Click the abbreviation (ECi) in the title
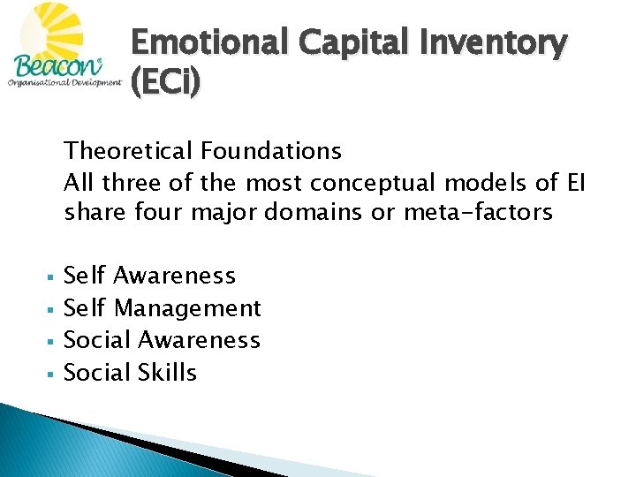click(x=166, y=81)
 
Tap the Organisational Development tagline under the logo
click(x=64, y=83)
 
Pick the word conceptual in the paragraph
click(x=369, y=183)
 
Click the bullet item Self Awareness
click(x=150, y=276)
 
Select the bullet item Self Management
click(x=163, y=307)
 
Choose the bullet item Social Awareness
click(x=163, y=340)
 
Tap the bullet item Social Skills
click(x=131, y=372)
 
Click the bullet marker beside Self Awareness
click(x=55, y=277)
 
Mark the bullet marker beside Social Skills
click(x=55, y=374)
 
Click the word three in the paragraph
click(x=131, y=183)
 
